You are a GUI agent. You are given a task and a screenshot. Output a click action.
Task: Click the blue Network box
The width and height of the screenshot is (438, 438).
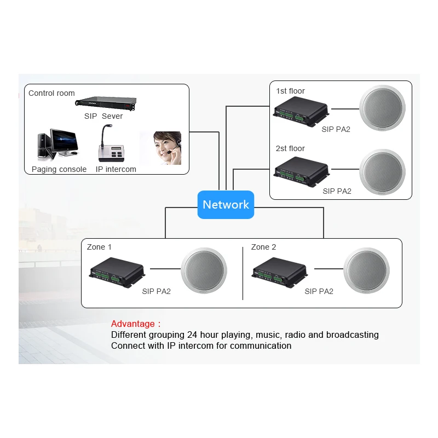(x=226, y=205)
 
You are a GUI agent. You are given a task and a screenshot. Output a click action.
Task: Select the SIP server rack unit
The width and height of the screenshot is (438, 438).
(x=104, y=103)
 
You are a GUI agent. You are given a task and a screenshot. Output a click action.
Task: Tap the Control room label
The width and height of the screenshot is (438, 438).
(x=51, y=93)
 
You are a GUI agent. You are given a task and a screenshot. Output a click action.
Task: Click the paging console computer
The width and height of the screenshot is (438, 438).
(x=58, y=145)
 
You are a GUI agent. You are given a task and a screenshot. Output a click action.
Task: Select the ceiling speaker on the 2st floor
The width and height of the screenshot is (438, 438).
(x=382, y=171)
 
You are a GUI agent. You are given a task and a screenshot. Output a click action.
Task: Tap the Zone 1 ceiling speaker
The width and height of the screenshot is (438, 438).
(x=204, y=270)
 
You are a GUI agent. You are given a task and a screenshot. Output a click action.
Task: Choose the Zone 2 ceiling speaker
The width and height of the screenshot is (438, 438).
(x=367, y=270)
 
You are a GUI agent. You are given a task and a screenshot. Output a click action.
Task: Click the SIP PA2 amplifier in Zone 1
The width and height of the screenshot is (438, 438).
(x=117, y=271)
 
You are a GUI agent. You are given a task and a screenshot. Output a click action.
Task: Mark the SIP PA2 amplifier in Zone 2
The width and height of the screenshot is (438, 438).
(x=279, y=271)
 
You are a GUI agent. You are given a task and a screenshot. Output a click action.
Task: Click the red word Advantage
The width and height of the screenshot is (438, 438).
(x=133, y=324)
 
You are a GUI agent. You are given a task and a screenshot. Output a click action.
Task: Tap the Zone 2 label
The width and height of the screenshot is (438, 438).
(x=263, y=247)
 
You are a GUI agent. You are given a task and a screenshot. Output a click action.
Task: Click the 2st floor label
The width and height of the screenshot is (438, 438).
(x=290, y=148)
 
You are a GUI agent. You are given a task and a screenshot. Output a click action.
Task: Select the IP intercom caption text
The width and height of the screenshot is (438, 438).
(x=116, y=169)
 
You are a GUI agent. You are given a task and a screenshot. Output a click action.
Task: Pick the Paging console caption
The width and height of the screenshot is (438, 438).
(x=59, y=169)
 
